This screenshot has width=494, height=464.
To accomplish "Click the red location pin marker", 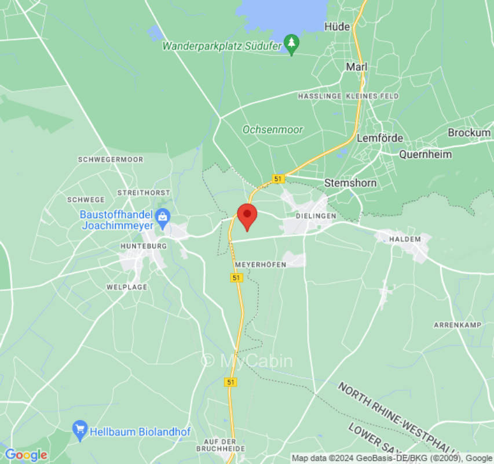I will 247,216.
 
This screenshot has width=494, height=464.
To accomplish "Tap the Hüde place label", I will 337,27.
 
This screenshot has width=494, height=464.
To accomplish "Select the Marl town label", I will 357,67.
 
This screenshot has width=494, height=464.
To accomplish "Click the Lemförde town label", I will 379,138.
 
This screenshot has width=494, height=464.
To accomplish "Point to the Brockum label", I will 469,133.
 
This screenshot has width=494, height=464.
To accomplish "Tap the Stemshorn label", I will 350,183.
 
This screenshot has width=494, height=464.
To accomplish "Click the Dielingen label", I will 316,216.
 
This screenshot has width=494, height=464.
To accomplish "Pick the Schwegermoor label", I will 111,159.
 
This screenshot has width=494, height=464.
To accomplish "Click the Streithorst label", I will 144,192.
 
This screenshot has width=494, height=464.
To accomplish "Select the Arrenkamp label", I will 458,325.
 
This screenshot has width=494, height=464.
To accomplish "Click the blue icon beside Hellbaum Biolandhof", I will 79,430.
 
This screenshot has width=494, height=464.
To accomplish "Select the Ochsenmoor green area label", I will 272,130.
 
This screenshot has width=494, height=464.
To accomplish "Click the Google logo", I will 25,455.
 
